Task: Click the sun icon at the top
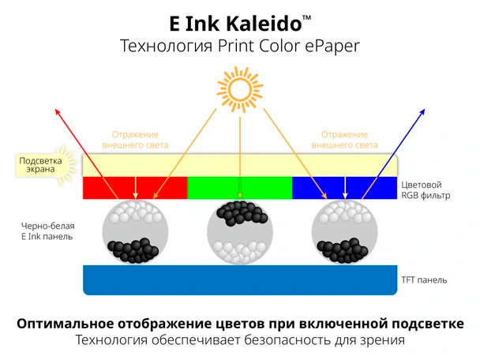[x=239, y=86]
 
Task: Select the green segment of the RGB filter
[x=239, y=188]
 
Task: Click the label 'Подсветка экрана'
[x=37, y=164]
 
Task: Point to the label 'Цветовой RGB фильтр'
[x=426, y=189]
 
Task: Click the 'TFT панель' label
[x=424, y=279]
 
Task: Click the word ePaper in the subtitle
[x=329, y=46]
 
